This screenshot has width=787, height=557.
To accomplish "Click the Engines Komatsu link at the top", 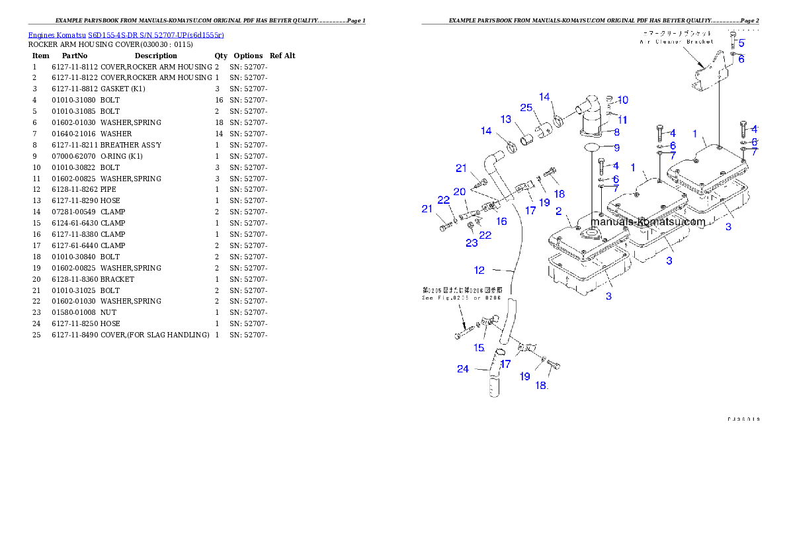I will (126, 34).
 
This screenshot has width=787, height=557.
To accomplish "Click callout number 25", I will (526, 108).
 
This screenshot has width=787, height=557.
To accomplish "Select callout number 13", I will (506, 120).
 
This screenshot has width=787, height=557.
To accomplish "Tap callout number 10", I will (622, 101).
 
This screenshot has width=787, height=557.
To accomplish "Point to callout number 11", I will (622, 120).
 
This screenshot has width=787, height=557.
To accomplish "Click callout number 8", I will (616, 132).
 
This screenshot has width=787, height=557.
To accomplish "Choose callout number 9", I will (616, 148).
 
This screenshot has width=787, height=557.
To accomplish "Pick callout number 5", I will (741, 44).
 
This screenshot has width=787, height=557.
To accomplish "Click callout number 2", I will (559, 211).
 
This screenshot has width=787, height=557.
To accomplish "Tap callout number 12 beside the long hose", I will (479, 270).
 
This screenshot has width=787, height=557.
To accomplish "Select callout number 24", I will (463, 369).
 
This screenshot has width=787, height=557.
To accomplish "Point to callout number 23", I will (471, 243).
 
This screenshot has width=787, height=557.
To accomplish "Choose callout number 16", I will (502, 222).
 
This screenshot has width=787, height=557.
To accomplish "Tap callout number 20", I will (460, 192).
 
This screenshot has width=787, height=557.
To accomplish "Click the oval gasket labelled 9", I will (592, 147).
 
